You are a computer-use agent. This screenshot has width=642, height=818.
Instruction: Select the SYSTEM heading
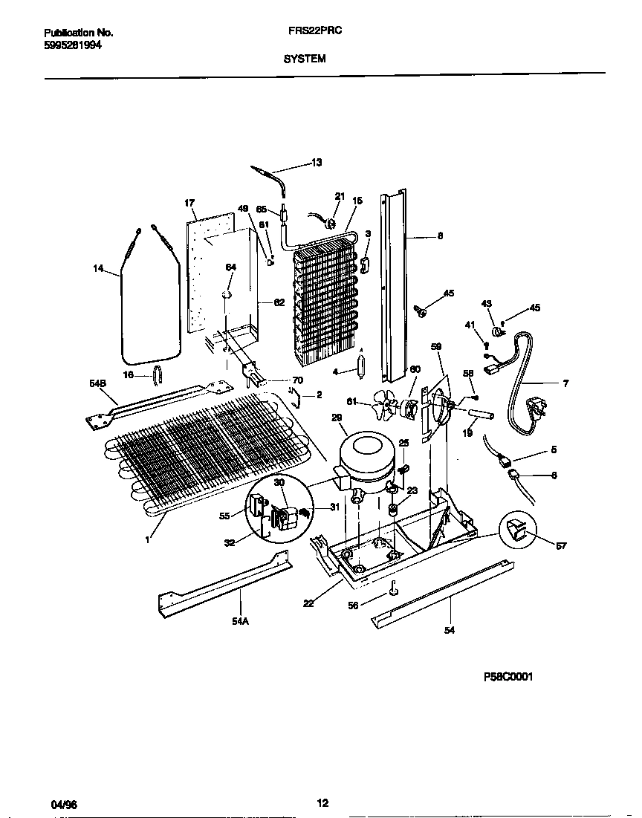(x=305, y=59)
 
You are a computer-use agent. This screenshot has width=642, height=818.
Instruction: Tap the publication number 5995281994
(x=73, y=45)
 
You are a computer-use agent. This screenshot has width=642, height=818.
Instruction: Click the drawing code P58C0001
(x=508, y=677)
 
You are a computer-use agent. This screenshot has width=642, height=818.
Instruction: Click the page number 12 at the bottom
(x=322, y=803)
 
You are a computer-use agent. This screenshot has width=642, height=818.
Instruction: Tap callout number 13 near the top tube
(x=317, y=163)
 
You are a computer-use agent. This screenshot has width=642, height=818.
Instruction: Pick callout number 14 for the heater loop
(x=98, y=269)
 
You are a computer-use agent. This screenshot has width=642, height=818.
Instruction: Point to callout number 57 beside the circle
(x=561, y=546)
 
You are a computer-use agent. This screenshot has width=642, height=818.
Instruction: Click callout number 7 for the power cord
(x=565, y=383)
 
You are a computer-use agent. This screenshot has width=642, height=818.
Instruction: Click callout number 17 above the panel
(x=189, y=202)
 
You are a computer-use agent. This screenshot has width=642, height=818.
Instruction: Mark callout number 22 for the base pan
(x=308, y=603)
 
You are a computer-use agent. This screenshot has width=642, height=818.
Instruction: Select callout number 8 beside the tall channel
(x=440, y=236)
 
